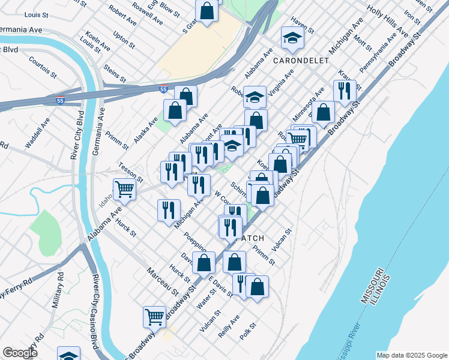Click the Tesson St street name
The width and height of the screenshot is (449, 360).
pos(131,172)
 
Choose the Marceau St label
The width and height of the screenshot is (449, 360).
pos(163,281)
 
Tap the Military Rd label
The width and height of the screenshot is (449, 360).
pos(58,292)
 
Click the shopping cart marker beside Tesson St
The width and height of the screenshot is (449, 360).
pos(124,189)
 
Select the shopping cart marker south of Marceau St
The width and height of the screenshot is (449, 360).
pos(154,316)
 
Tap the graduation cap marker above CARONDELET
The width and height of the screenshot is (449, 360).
pos(292,38)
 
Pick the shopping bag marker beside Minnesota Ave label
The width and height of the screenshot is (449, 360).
pos(323,112)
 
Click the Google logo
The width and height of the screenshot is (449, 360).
pos(20,353)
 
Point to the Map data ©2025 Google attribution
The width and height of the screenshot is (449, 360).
pos(411,355)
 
